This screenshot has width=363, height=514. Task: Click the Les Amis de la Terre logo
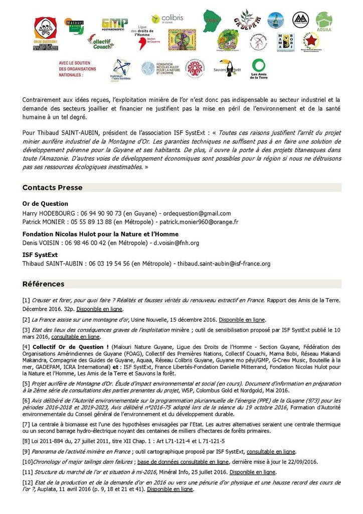259,69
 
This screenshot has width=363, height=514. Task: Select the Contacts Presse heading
52,188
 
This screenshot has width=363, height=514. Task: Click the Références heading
43,284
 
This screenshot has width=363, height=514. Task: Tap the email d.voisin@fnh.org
176,243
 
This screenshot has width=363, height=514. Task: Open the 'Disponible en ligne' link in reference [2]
242,319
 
